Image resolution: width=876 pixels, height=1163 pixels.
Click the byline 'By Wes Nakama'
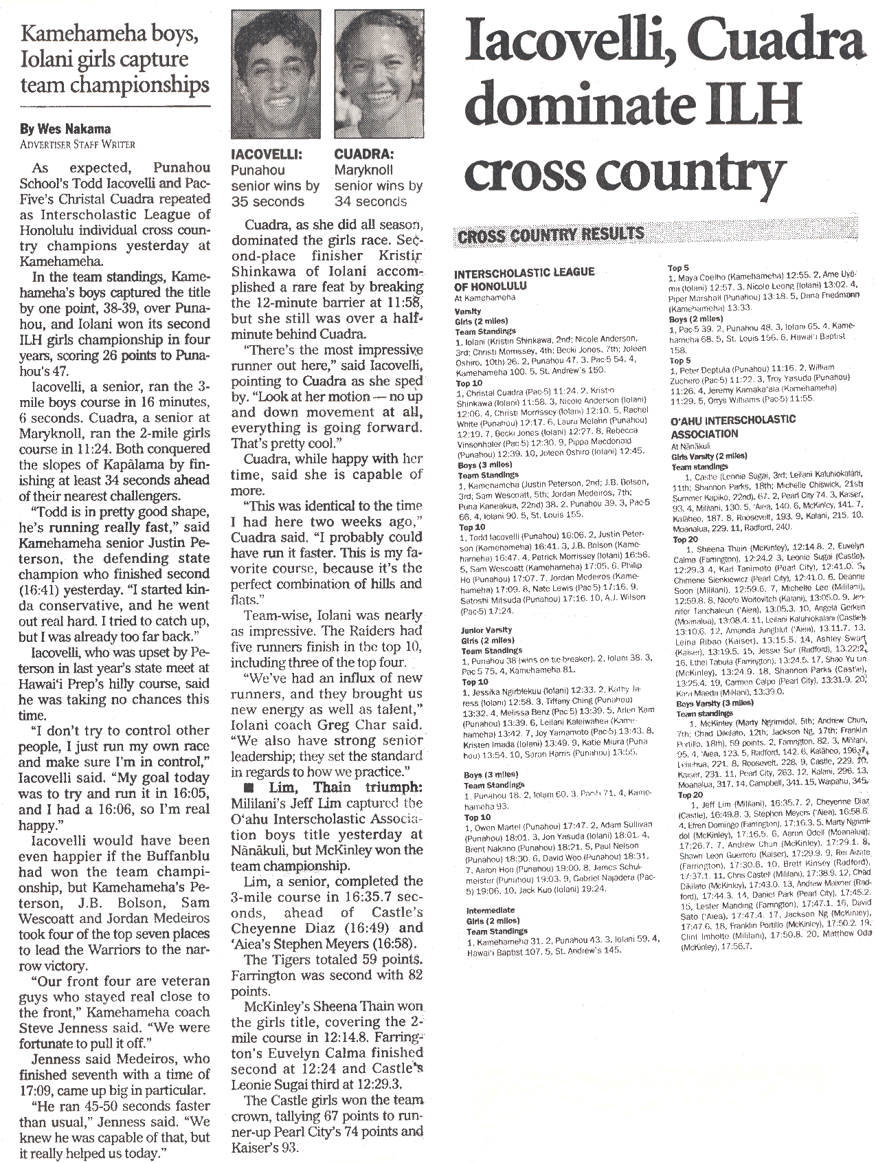click(65, 129)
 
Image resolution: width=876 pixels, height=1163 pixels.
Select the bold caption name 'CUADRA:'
click(363, 154)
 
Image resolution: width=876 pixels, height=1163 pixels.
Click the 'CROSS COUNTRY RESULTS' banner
click(549, 235)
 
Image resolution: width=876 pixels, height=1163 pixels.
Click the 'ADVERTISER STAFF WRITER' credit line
click(77, 144)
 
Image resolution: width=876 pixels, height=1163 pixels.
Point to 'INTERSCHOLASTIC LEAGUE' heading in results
click(524, 272)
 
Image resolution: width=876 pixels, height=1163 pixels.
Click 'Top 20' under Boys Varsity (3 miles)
click(690, 795)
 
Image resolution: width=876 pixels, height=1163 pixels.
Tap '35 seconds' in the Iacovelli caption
click(267, 201)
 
